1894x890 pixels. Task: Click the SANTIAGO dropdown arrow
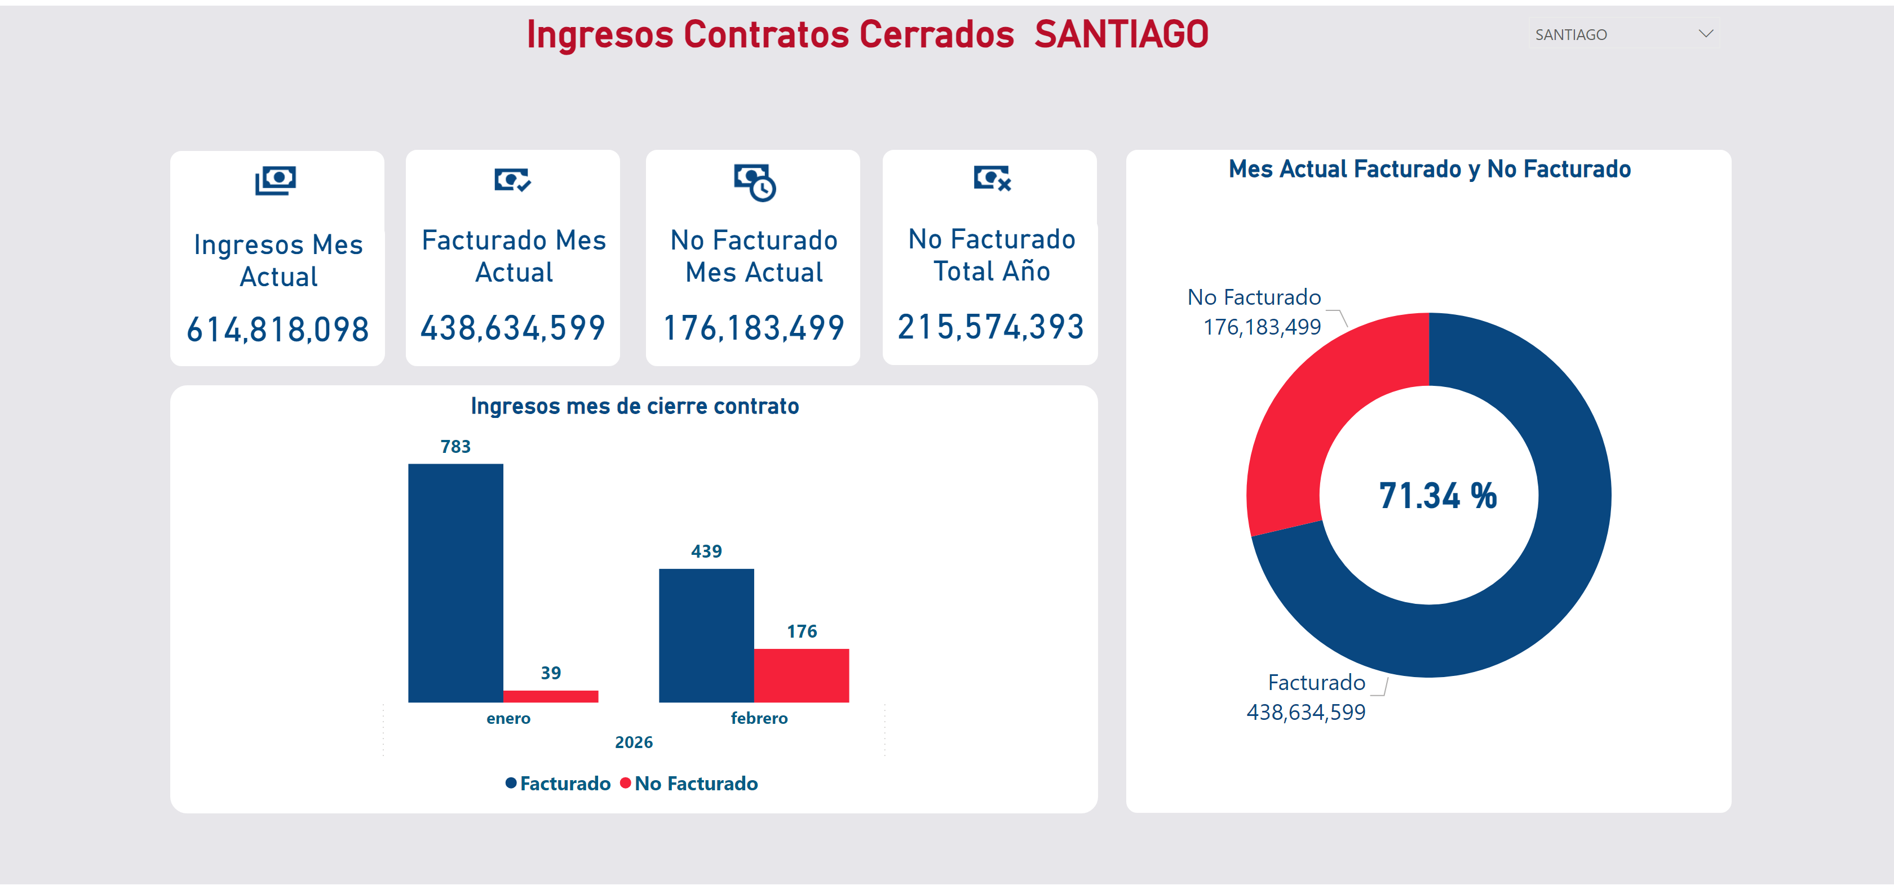pos(1706,34)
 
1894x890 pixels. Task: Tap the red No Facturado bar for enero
pos(550,696)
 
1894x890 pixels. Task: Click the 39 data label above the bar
pos(551,673)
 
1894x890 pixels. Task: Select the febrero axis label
pos(759,718)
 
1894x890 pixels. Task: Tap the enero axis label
pos(508,718)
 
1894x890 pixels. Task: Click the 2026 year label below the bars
pos(634,742)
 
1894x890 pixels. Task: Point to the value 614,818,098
pos(277,330)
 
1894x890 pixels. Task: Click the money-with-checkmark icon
pos(512,179)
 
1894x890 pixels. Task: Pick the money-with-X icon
pos(992,178)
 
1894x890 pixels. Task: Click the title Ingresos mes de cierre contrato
pos(635,406)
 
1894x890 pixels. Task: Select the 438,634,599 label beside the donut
pos(1306,712)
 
